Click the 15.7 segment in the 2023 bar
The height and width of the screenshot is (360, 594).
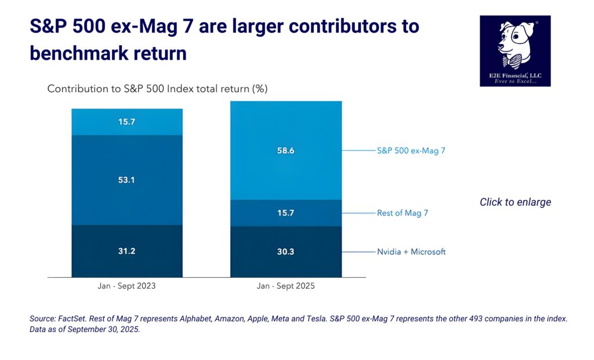126,122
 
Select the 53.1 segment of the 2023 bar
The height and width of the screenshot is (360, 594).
126,180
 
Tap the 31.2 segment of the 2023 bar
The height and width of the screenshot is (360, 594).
126,250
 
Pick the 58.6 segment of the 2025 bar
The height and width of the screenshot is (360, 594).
286,151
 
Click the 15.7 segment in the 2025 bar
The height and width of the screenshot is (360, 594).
286,213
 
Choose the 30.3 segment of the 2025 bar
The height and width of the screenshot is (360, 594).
286,252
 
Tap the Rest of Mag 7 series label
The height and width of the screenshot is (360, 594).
402,213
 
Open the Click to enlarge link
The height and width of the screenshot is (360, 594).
515,202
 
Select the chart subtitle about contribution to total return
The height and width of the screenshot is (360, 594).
157,89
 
